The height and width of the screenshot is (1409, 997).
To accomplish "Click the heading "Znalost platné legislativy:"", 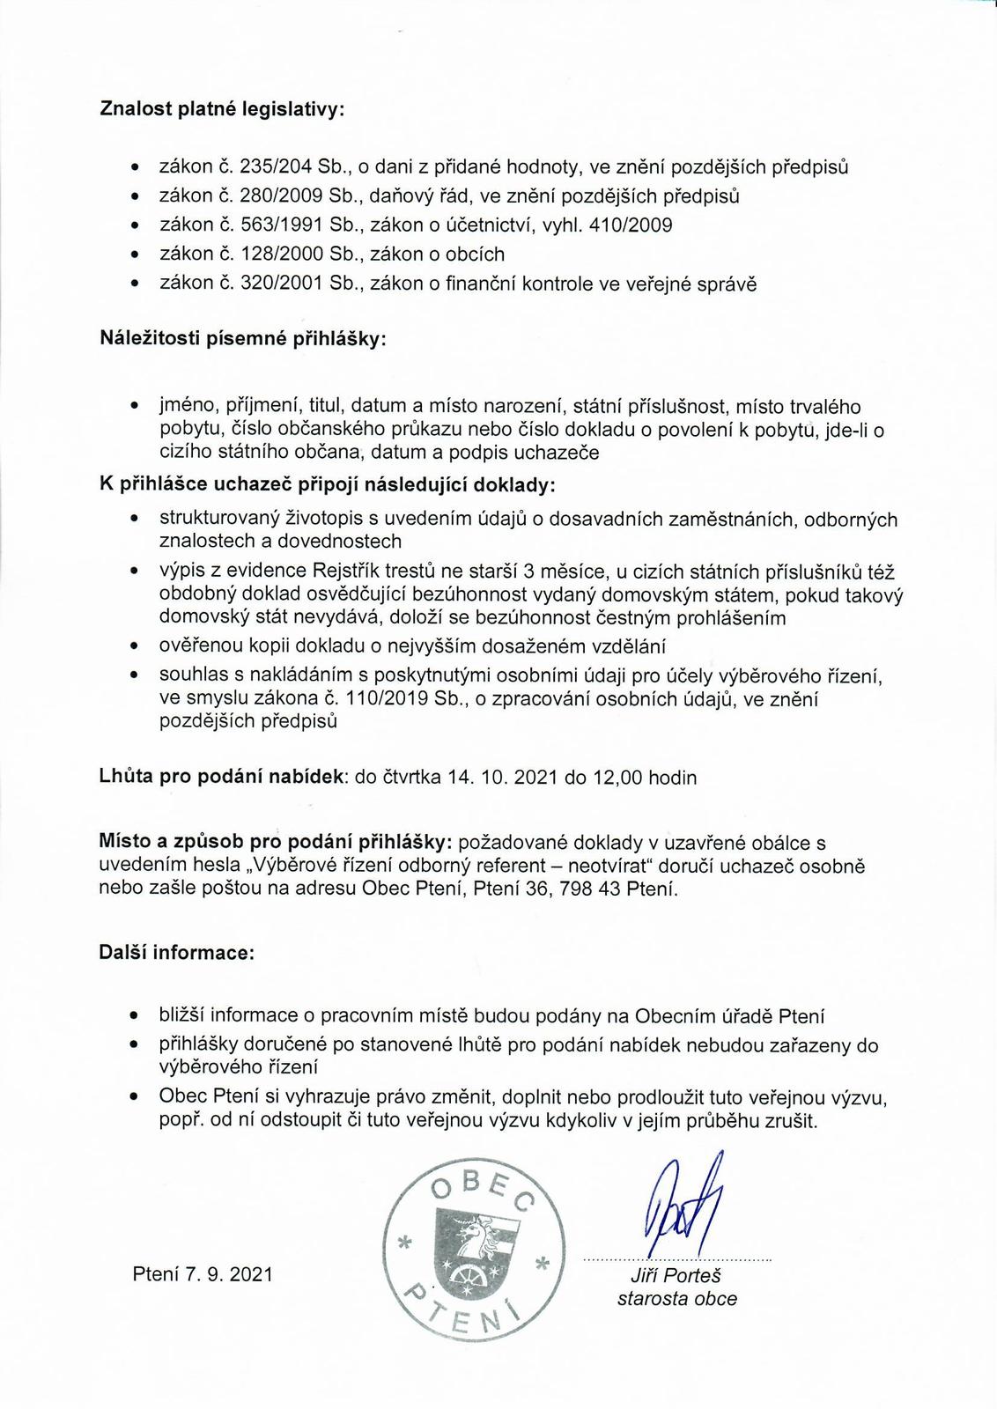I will pos(222,109).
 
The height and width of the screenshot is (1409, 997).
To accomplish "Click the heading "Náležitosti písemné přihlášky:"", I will pos(243,339).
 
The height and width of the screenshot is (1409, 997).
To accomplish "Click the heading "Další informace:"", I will pos(177,953).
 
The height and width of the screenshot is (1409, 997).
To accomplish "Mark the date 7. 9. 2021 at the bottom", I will pos(229,1274).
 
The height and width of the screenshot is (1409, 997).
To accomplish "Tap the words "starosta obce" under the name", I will pos(676,1298).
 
